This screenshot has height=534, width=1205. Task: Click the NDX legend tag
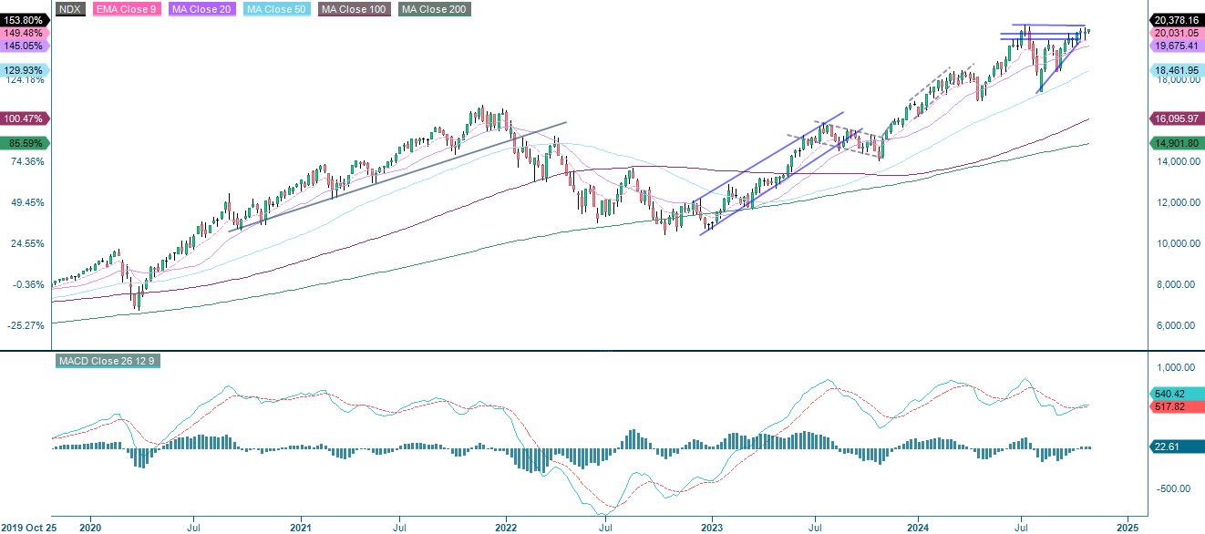click(x=70, y=9)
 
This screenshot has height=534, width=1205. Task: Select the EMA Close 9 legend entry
click(x=127, y=9)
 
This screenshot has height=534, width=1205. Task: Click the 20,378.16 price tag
click(x=1175, y=19)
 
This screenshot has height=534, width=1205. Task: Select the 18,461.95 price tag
click(x=1175, y=69)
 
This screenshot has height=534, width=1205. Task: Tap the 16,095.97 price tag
click(x=1175, y=118)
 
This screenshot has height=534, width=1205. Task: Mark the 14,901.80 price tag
click(x=1175, y=143)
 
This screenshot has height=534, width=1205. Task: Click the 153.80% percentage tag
click(x=23, y=19)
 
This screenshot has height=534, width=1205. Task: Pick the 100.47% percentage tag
click(x=23, y=118)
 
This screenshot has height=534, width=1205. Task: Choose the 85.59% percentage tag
click(x=23, y=143)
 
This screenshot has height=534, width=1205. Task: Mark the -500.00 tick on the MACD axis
click(x=1174, y=488)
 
